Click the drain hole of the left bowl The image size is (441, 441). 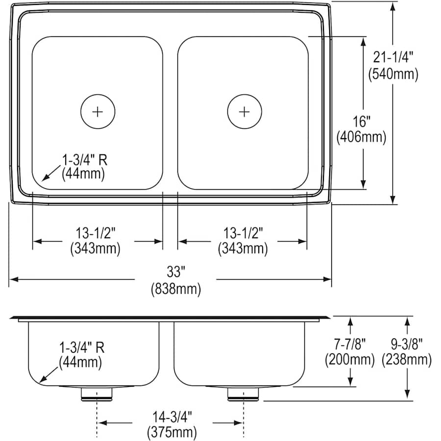(98, 111)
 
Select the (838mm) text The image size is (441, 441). (175, 289)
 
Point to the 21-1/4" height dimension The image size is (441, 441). (393, 57)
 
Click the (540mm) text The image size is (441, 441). (393, 74)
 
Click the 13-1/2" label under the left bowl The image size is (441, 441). (95, 232)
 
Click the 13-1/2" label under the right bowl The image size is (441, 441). (243, 232)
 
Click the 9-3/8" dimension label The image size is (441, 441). (407, 343)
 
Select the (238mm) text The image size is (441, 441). (407, 360)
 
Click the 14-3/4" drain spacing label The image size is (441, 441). (171, 416)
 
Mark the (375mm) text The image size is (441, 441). (171, 432)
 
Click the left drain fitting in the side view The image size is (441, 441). (97, 393)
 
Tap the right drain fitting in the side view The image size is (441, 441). (243, 393)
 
